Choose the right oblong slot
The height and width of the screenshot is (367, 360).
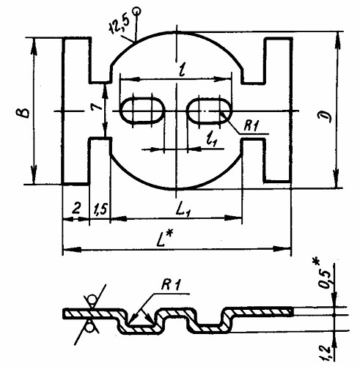(209, 111)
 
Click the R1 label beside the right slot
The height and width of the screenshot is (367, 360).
(251, 126)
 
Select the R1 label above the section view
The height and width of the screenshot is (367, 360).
(171, 285)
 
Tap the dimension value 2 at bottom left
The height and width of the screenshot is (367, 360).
(76, 209)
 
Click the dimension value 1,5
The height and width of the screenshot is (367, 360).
(100, 210)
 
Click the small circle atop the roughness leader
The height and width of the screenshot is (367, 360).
(136, 10)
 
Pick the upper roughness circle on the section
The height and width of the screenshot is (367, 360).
(92, 300)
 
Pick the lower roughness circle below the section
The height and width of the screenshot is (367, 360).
(90, 328)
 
